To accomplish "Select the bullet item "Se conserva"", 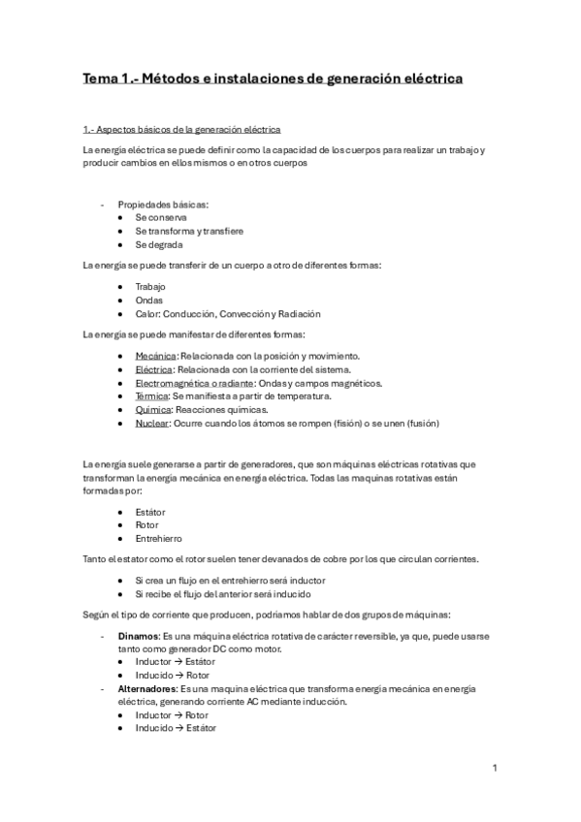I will (161, 218).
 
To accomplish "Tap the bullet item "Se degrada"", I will (159, 245).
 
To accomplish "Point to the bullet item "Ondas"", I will (150, 300).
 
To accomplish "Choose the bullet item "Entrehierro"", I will (158, 538).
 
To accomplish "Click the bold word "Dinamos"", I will (140, 635).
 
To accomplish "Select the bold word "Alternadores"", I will (149, 688).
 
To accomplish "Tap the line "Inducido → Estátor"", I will (176, 728).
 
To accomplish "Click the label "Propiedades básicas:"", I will (163, 205).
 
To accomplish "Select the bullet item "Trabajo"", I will (150, 287).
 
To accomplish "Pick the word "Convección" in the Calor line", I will (247, 314).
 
